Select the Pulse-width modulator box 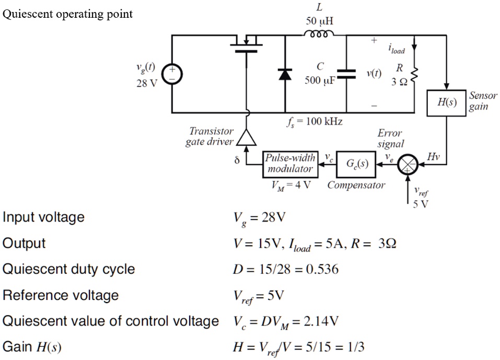tap(290, 163)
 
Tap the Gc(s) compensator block tap(357, 163)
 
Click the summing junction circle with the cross tap(407, 164)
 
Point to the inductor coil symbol tap(317, 34)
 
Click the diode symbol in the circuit tap(285, 74)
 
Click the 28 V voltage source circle tap(172, 74)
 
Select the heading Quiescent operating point tap(68, 14)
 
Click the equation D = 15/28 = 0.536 tap(285, 270)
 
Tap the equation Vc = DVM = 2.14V tap(285, 321)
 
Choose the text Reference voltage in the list tap(61, 295)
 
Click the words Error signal tap(390, 138)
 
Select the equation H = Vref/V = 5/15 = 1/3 tap(298, 347)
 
